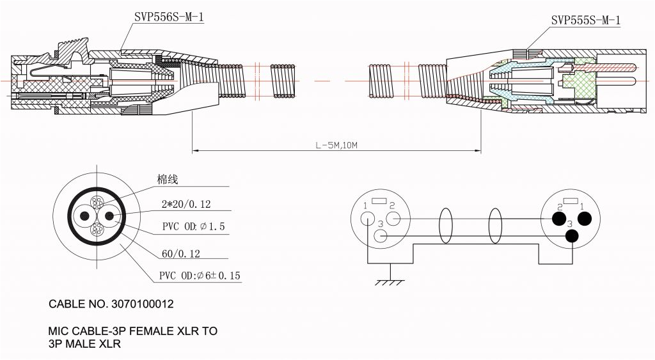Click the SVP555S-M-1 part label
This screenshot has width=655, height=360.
click(x=585, y=20)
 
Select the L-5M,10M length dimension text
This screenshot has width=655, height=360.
click(x=336, y=145)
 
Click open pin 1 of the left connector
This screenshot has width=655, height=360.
click(x=367, y=218)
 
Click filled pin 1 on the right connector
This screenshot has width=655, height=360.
click(x=583, y=219)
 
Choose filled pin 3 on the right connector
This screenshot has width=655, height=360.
click(x=571, y=235)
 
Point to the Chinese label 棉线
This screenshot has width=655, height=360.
click(x=167, y=180)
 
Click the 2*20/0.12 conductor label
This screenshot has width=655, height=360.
click(x=186, y=205)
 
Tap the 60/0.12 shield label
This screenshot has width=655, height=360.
click(x=181, y=254)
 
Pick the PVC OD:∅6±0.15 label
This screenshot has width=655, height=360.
click(x=200, y=276)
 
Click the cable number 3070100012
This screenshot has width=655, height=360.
click(x=139, y=304)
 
